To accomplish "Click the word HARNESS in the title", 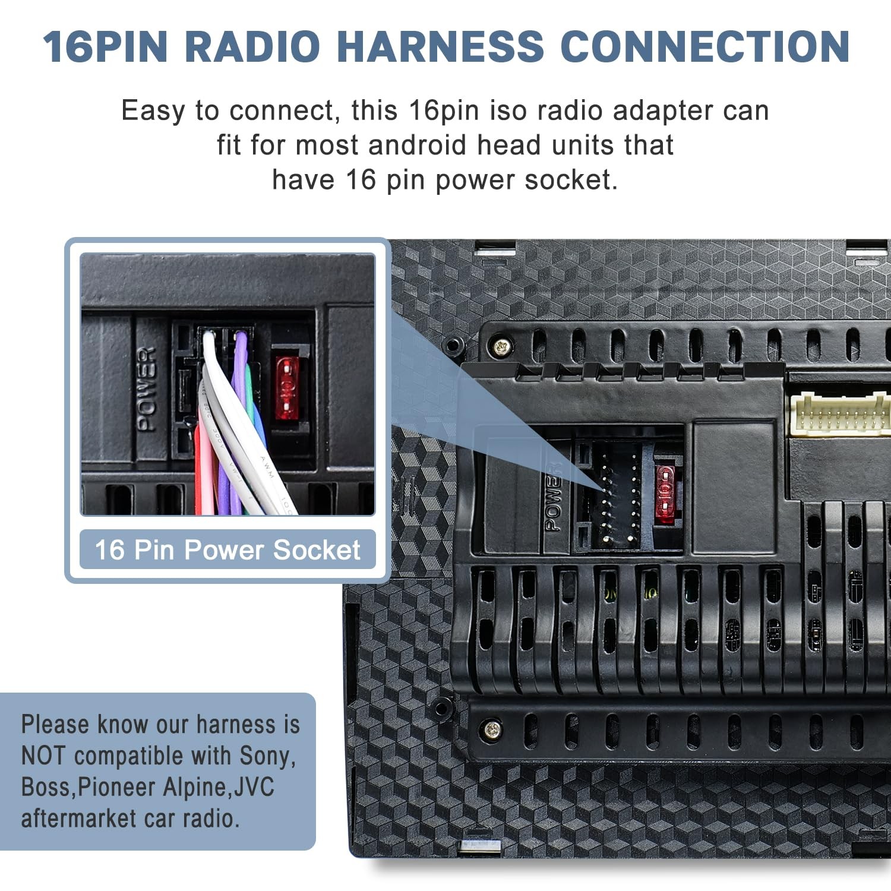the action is click(440, 46).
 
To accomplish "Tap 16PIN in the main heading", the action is click(106, 46).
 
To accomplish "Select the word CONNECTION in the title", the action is click(705, 46).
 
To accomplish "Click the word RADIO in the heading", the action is click(253, 46).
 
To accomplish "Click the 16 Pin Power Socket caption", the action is click(228, 549).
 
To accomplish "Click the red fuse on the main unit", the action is click(665, 494).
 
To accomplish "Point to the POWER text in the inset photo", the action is click(146, 389).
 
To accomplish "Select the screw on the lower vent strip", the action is click(492, 729).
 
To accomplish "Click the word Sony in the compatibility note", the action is click(266, 756).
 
